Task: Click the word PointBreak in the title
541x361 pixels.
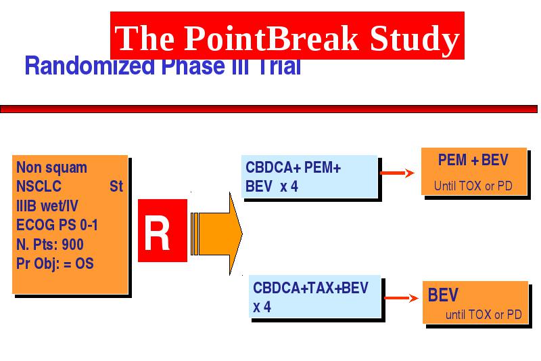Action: click(271, 38)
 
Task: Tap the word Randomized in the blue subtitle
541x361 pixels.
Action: click(90, 66)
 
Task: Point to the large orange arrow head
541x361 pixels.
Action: click(235, 234)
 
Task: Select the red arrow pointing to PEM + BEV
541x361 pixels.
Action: click(397, 173)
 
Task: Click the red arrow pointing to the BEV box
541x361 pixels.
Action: click(401, 298)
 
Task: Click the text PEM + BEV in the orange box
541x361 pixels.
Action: click(473, 160)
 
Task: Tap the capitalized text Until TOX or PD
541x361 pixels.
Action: click(473, 186)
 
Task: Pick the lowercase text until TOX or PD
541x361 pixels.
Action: click(484, 315)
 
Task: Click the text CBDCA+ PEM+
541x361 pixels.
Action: click(293, 168)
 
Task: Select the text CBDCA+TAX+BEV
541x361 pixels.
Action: click(310, 288)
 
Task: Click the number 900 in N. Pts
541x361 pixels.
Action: click(72, 245)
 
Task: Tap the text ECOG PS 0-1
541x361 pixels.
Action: click(57, 226)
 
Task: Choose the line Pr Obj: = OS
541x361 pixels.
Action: click(55, 264)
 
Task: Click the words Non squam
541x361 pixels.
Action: click(51, 168)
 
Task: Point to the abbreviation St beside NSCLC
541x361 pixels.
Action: click(116, 186)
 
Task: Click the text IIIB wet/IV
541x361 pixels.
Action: click(47, 206)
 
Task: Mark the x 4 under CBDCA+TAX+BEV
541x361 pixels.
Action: click(262, 307)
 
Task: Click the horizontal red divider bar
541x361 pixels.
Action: click(268, 109)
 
